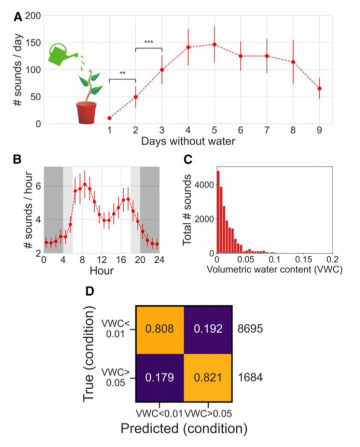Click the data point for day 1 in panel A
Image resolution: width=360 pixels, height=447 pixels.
109,118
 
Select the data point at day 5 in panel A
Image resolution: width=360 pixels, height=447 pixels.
214,44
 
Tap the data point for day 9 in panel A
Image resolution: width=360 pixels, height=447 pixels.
319,88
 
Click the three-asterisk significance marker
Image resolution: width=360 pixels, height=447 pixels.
148,42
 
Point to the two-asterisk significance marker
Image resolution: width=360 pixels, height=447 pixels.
122,73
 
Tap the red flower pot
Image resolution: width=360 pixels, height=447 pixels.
86,112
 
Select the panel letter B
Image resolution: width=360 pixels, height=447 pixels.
17,160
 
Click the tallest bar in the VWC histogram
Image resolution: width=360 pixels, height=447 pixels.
218,212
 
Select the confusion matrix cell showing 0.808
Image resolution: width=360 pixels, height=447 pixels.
159,329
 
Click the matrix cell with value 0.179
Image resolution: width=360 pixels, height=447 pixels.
159,378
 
